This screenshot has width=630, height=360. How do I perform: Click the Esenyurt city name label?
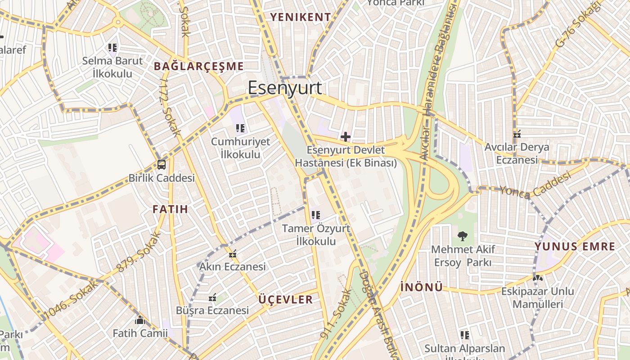[x=285, y=88]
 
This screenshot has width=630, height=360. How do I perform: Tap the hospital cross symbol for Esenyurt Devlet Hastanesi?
[x=346, y=136]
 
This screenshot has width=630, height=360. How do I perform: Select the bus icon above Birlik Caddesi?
[x=162, y=165]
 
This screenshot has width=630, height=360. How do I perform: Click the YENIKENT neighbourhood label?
[x=300, y=17]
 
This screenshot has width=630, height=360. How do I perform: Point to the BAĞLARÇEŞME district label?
[x=198, y=66]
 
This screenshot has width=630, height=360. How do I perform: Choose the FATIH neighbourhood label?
[x=170, y=209]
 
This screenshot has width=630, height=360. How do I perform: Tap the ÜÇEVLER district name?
[x=285, y=300]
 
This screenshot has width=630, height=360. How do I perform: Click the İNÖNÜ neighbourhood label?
[x=421, y=287]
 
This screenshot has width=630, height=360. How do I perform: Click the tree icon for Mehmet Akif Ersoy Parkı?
[x=462, y=236]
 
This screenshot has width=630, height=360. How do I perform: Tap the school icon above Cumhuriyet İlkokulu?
[x=240, y=129]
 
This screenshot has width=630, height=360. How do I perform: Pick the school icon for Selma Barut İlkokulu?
[x=112, y=47]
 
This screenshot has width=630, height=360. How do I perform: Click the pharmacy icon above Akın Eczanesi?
[x=233, y=254]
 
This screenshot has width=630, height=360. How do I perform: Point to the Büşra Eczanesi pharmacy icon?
[x=213, y=297]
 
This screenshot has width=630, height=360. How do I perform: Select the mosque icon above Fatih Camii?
[x=139, y=320]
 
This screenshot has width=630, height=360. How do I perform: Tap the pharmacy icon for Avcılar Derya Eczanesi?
[x=517, y=134]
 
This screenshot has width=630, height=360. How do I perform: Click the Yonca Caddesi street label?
[x=534, y=185]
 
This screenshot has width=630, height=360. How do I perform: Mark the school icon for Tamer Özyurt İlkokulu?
[x=316, y=215]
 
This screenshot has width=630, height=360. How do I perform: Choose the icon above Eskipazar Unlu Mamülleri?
[x=537, y=278]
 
